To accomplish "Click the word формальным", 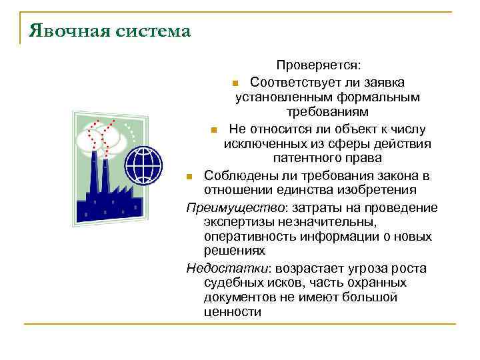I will coord(383,97).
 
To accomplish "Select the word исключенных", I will coord(260,144).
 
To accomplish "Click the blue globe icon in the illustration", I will coord(143,164).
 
